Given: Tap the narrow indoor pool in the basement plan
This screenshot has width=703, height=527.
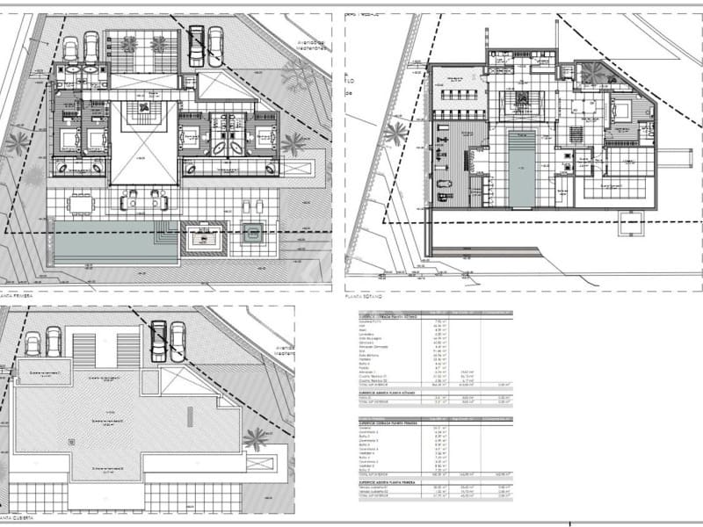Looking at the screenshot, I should [x=521, y=167].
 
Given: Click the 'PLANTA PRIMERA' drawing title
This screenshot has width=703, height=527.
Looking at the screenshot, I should [x=18, y=297].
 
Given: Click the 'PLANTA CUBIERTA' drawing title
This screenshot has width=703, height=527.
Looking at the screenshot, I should [x=19, y=520].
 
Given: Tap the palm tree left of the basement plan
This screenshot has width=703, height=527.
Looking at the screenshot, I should [x=395, y=134].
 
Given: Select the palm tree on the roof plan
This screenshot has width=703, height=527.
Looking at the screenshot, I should [x=256, y=438].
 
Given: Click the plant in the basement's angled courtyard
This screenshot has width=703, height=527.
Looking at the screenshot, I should [x=594, y=75].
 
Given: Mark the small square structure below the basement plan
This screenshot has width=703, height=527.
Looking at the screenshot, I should [x=630, y=225].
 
